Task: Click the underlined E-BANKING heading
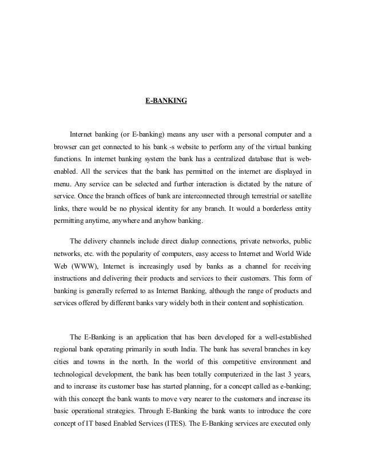[x=166, y=101]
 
